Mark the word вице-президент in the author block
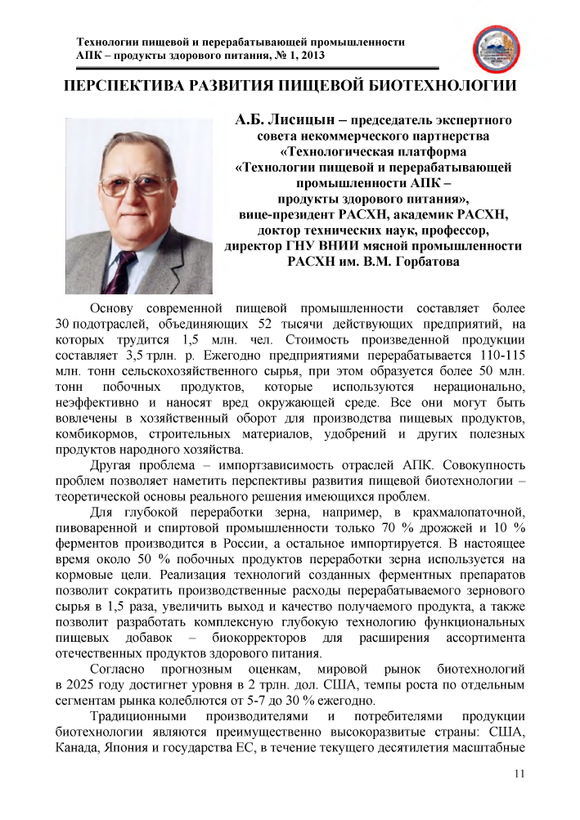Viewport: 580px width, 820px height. pyautogui.click(x=277, y=215)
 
